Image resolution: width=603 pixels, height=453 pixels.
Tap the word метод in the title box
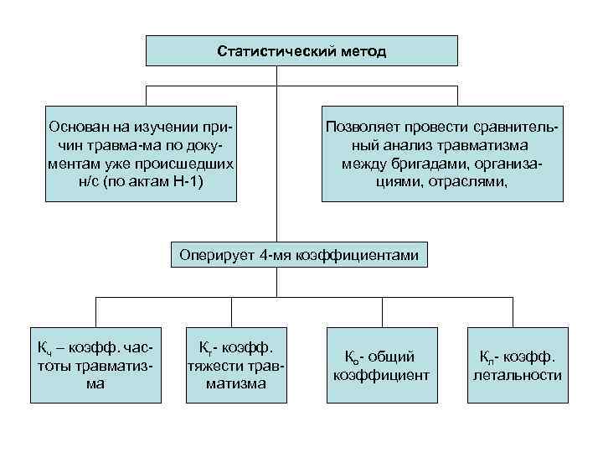pyautogui.click(x=363, y=51)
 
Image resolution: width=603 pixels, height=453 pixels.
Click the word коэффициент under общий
pyautogui.click(x=381, y=375)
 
